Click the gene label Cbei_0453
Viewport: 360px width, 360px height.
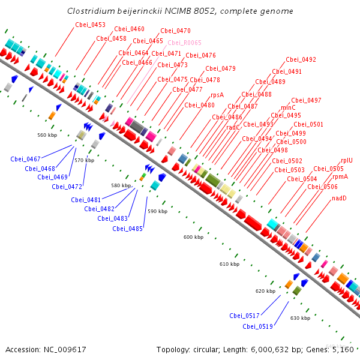click(x=90, y=25)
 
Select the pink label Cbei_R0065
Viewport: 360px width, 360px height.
click(x=184, y=43)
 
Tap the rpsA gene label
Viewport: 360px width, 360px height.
click(x=217, y=95)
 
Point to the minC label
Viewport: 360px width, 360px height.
click(x=288, y=107)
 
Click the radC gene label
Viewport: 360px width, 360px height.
click(x=233, y=127)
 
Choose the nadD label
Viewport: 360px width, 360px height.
click(x=339, y=198)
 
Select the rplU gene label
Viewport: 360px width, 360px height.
click(x=347, y=160)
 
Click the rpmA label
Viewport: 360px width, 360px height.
click(x=340, y=177)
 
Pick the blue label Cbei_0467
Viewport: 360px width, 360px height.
click(x=25, y=159)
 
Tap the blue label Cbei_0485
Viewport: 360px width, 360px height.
click(x=127, y=229)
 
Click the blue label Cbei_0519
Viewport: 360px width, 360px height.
click(x=257, y=326)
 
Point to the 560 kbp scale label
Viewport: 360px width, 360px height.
click(x=47, y=135)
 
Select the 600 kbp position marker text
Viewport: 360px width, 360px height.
click(x=193, y=237)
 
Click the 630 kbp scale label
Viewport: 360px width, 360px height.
click(x=301, y=318)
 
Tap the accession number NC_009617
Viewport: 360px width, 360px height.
click(x=65, y=350)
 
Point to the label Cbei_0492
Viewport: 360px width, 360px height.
click(x=301, y=59)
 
